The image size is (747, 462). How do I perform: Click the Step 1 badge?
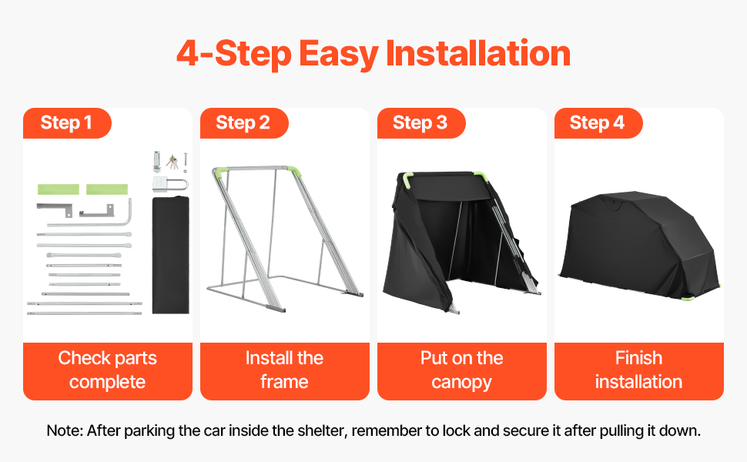click(x=67, y=123)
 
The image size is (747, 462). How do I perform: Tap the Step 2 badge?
click(x=243, y=123)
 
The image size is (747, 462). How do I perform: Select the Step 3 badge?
click(x=420, y=123)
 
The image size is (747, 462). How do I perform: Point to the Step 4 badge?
click(x=598, y=123)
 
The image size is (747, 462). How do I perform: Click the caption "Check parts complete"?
click(x=108, y=370)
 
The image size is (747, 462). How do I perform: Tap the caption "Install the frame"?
click(x=284, y=370)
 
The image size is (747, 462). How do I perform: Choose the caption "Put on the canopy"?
click(x=461, y=370)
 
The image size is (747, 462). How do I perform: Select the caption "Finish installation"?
click(x=639, y=370)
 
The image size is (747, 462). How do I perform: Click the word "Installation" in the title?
click(x=477, y=53)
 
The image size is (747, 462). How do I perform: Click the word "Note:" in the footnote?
click(x=65, y=430)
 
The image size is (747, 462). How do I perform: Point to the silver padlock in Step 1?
click(x=170, y=184)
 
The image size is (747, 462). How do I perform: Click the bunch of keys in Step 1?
click(x=172, y=162)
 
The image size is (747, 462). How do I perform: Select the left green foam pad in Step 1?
click(x=59, y=189)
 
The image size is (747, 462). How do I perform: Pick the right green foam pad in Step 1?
click(x=107, y=189)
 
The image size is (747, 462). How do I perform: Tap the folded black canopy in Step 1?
click(x=170, y=255)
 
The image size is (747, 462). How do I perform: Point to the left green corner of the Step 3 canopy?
click(x=407, y=180)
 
